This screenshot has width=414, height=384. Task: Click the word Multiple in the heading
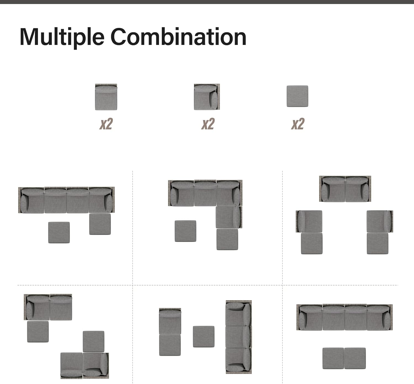point(62,38)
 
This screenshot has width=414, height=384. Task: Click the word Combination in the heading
point(179,36)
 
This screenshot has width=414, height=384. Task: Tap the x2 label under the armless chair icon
point(106,124)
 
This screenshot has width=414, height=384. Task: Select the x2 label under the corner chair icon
point(208,124)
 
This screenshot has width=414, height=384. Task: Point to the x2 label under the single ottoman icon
point(298,124)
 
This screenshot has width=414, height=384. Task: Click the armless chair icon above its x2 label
point(106,97)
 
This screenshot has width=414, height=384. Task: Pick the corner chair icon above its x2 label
point(207,97)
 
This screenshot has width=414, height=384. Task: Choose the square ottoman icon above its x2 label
point(298,96)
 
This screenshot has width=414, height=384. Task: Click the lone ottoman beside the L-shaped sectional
point(185,231)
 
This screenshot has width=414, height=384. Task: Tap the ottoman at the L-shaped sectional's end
point(227,239)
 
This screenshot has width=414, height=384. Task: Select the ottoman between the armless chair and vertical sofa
point(204,337)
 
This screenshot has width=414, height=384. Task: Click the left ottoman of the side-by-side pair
point(333,358)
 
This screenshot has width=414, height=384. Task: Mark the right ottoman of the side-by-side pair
point(355,358)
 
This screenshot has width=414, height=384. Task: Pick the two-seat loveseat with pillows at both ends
point(345,189)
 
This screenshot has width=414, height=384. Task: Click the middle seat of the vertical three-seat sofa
point(239,337)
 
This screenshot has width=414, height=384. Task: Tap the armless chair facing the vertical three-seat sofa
point(170,321)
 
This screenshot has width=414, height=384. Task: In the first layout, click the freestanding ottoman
point(59,233)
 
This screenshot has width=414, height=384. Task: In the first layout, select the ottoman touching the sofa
point(100,224)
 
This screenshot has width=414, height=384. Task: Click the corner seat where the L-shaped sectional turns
point(229,193)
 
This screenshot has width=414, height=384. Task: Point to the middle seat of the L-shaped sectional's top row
point(205,193)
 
